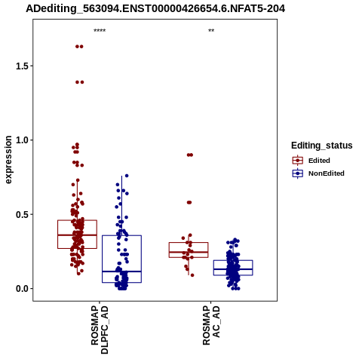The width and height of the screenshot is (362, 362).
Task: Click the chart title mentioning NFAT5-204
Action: pyautogui.click(x=155, y=9)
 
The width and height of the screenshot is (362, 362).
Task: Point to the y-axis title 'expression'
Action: pyautogui.click(x=8, y=160)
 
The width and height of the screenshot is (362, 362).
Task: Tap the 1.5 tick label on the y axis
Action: pyautogui.click(x=21, y=66)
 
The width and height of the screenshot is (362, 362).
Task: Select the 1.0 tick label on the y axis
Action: pyautogui.click(x=21, y=140)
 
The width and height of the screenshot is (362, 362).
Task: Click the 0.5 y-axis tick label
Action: pyautogui.click(x=21, y=214)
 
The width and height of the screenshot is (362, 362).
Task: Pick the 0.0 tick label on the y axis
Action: pyautogui.click(x=21, y=289)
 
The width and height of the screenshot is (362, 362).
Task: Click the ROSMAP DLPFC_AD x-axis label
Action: pyautogui.click(x=100, y=330)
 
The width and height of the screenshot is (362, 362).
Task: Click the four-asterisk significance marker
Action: pyautogui.click(x=100, y=31)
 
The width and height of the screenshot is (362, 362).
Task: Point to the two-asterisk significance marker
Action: pyautogui.click(x=211, y=31)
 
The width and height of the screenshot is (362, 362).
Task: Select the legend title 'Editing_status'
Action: pyautogui.click(x=322, y=146)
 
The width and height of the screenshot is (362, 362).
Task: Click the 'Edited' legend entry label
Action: pyautogui.click(x=319, y=161)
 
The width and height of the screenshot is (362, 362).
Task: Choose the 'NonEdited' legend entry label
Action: pyautogui.click(x=327, y=173)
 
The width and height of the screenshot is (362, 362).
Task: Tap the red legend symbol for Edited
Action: pyautogui.click(x=298, y=160)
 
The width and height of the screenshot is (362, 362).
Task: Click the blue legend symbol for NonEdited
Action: pyautogui.click(x=298, y=173)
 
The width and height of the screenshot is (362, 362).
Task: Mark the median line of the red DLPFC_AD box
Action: pyautogui.click(x=77, y=235)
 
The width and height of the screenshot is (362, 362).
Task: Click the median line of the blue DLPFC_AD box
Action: pyautogui.click(x=121, y=271)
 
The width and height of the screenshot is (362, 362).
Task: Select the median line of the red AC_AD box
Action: pyautogui.click(x=189, y=252)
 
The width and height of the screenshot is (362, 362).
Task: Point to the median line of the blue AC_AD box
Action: pyautogui.click(x=233, y=269)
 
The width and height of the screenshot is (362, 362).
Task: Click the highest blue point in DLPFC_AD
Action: pyautogui.click(x=127, y=176)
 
